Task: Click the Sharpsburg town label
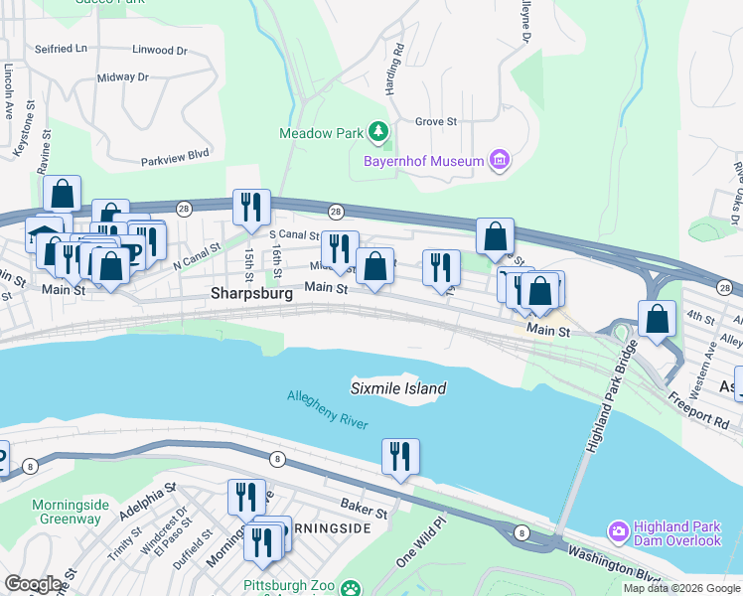[251, 294]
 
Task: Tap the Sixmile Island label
[398, 388]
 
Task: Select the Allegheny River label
[328, 410]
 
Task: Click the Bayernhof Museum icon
[500, 161]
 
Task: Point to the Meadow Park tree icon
[377, 131]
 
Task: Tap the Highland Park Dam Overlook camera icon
[619, 531]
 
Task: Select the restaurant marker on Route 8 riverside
[400, 457]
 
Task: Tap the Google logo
[33, 584]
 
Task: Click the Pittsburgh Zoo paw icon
[351, 588]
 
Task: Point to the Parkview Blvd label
[175, 154]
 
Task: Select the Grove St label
[435, 122]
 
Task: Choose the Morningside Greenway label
[70, 512]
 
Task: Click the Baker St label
[363, 512]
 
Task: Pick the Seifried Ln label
[60, 47]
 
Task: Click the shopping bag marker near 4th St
[657, 319]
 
